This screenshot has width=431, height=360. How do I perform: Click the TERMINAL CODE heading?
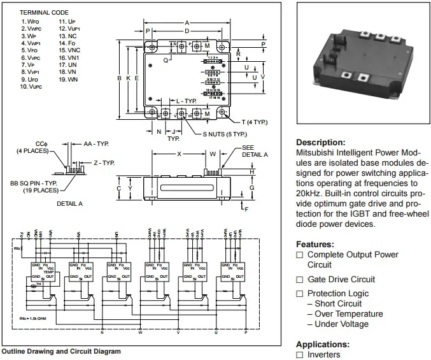click(44, 13)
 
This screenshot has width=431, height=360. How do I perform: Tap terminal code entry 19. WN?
click(69, 80)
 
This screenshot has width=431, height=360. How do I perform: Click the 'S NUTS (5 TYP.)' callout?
click(224, 134)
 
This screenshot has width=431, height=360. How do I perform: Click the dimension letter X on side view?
click(179, 154)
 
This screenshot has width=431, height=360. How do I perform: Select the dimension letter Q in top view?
click(166, 60)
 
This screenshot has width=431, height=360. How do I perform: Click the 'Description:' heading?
click(321, 143)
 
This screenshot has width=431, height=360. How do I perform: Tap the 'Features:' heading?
click(314, 245)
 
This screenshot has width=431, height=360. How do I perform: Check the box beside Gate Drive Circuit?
click(300, 280)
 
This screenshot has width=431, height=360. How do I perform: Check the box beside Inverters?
click(300, 355)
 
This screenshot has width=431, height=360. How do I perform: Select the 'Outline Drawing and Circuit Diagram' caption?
click(61, 351)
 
